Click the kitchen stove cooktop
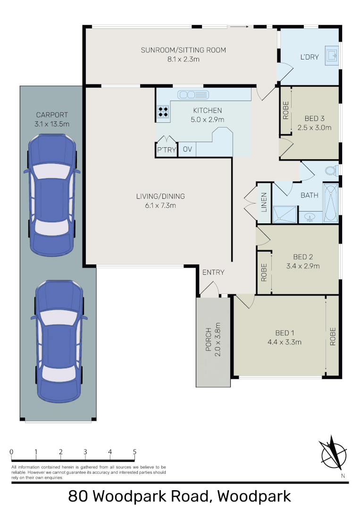tap(163, 111)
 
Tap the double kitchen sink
tap(193, 94)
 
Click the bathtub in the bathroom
tap(330, 203)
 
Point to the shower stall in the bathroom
tap(285, 214)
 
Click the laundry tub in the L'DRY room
tap(332, 56)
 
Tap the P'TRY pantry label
tap(167, 150)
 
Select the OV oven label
tap(187, 149)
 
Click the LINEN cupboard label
tap(264, 202)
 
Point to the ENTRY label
tap(213, 272)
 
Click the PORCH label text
tap(209, 340)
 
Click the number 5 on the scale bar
tap(134, 452)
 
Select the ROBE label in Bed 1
tap(333, 336)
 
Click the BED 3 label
tap(314, 119)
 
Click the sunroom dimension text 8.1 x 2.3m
tap(183, 59)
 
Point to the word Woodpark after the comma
tap(254, 496)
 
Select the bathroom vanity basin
tap(310, 217)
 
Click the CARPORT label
tap(52, 115)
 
